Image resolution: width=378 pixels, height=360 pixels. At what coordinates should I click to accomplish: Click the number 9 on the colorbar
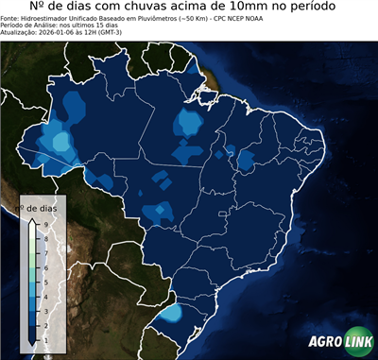[44, 224]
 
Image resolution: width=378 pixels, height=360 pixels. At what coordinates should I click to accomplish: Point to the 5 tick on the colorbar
[44, 281]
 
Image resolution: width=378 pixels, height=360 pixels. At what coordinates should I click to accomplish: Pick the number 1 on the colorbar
[44, 337]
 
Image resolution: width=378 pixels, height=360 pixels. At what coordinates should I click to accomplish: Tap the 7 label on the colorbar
[44, 252]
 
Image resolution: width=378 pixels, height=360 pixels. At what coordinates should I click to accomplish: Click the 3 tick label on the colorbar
[44, 309]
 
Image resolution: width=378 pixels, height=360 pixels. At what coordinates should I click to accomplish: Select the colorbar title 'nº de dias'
[42, 207]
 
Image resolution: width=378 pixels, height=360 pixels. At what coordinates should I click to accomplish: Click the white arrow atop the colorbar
[32, 222]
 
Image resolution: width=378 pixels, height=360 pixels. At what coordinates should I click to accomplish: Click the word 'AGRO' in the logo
[326, 342]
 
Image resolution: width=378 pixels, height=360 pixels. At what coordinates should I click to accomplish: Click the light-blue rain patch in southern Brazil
[171, 313]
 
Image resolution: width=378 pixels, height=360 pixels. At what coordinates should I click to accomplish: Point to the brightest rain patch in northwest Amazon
[63, 142]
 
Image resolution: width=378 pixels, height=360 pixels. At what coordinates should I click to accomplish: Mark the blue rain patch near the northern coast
[191, 122]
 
